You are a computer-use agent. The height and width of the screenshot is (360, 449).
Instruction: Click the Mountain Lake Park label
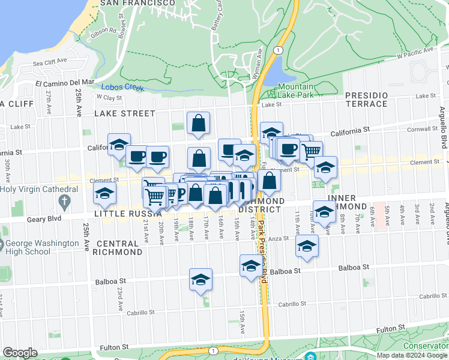(295, 91)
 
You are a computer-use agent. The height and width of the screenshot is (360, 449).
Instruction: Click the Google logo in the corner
(20, 353)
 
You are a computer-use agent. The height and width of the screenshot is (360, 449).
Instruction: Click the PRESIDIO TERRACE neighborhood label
(366, 100)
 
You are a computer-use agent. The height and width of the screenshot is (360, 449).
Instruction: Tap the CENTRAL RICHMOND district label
(119, 248)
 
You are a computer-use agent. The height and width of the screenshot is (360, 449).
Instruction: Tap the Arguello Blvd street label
(442, 125)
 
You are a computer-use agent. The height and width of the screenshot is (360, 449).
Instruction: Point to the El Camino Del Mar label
(65, 82)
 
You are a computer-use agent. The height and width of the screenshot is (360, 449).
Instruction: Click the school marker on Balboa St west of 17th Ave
(200, 279)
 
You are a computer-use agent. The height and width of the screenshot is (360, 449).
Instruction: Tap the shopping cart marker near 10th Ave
(310, 151)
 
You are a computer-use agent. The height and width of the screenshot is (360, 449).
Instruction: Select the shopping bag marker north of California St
(198, 123)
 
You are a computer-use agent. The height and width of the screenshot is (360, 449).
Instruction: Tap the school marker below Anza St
(307, 246)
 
